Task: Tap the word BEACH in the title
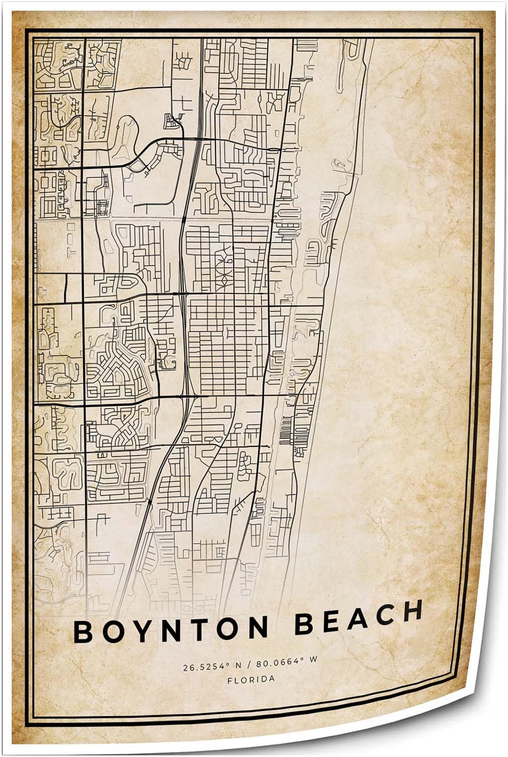[358, 614]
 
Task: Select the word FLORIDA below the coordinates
[251, 679]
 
